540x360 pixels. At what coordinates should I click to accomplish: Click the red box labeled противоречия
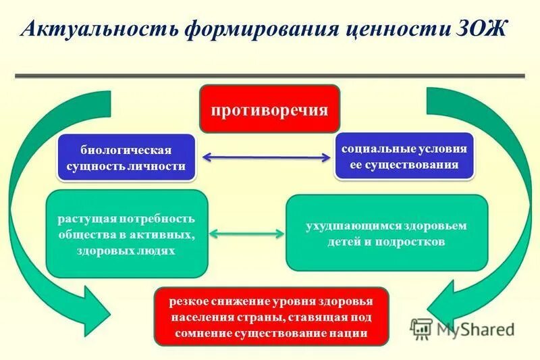click(x=269, y=109)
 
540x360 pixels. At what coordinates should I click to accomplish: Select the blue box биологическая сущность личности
click(x=126, y=157)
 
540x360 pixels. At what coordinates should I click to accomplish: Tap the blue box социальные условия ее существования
click(x=404, y=156)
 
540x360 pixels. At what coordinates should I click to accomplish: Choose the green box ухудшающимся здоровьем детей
click(x=386, y=233)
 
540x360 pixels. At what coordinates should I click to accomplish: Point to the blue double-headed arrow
click(x=265, y=157)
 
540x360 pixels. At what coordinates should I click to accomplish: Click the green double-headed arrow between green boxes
click(x=246, y=234)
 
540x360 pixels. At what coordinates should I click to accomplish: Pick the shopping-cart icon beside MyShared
click(x=421, y=329)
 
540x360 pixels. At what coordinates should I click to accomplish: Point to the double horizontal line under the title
click(x=270, y=76)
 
